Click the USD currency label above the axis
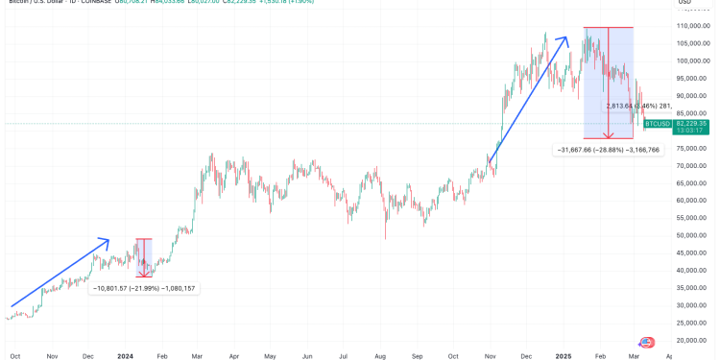[x=685, y=8]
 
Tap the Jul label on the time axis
[x=342, y=354]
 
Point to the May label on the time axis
[x=270, y=354]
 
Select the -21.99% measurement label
[x=144, y=287]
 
